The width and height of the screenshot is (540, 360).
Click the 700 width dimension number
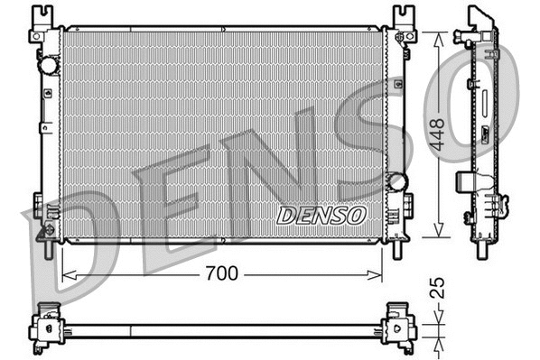click(x=222, y=273)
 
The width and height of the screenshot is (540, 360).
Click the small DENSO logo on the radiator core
click(x=321, y=216)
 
